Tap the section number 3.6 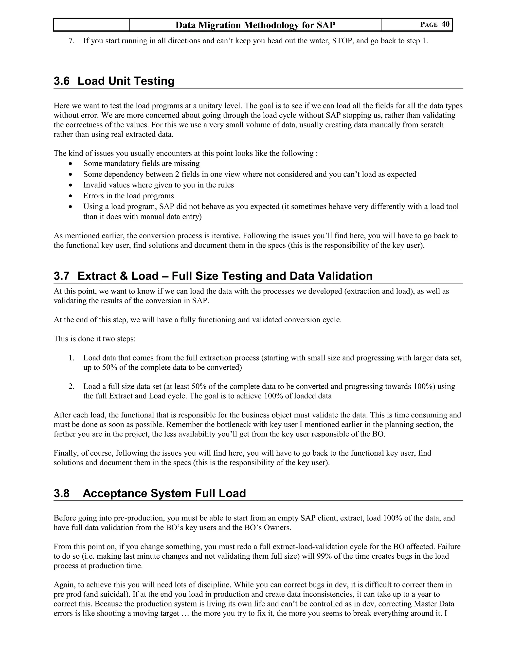coord(61,81)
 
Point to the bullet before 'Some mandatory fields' coord(70,164)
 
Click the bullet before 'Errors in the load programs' coord(70,196)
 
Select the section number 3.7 coord(61,276)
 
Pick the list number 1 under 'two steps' coord(71,358)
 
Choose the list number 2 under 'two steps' coord(71,387)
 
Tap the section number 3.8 coord(61,493)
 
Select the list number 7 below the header coord(71,41)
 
